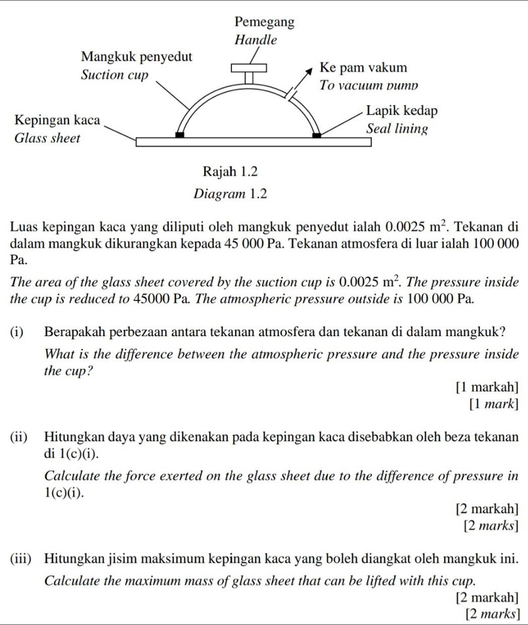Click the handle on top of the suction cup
coord(249,68)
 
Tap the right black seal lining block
coord(317,135)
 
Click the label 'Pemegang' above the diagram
coord(264,22)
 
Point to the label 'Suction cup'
coord(114,75)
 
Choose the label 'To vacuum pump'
coord(368,85)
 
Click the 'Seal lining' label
coord(397,128)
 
